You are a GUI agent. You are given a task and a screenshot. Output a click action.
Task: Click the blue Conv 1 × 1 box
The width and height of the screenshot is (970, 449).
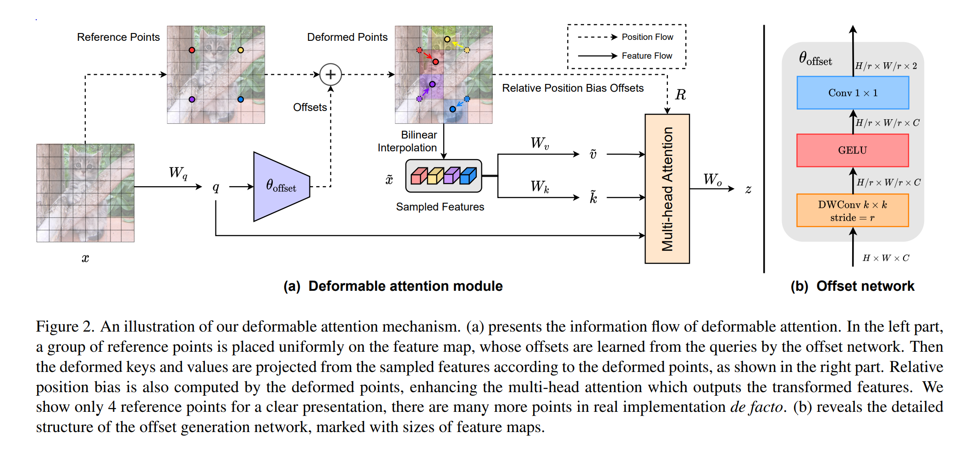coord(853,93)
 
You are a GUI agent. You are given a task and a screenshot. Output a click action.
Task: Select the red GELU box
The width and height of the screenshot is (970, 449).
coord(853,150)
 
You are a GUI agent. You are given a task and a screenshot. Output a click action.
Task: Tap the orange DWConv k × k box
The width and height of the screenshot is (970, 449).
coord(853,211)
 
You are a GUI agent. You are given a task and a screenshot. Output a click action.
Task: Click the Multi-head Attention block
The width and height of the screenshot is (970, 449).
coord(667,189)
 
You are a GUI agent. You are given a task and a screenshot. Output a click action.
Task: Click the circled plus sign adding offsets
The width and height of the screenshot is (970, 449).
coord(331,74)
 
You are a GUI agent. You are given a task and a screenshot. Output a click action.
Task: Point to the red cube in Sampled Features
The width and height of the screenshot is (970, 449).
coord(419,176)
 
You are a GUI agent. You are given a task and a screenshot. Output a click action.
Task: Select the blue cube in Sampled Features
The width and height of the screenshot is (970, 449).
coord(468,176)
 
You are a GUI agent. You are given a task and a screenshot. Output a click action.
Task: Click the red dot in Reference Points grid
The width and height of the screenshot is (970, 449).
coord(192,50)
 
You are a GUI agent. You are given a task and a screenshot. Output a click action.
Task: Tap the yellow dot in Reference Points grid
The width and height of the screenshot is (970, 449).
coord(241,50)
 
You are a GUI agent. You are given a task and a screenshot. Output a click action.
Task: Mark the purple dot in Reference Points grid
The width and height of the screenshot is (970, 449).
coord(192,99)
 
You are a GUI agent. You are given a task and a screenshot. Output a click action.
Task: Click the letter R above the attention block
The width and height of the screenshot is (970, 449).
coord(680,95)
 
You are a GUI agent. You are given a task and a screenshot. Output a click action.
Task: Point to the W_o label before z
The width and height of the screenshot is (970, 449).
coord(712,179)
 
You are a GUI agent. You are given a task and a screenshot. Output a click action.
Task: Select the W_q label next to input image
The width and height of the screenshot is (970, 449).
coord(178,173)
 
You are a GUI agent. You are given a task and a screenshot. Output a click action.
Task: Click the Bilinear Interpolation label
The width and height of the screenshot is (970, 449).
coord(408,141)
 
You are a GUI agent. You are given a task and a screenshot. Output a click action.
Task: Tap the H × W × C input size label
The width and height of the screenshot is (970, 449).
coord(885,258)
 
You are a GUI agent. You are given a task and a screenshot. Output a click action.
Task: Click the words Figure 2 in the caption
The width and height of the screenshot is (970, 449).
coord(64,327)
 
